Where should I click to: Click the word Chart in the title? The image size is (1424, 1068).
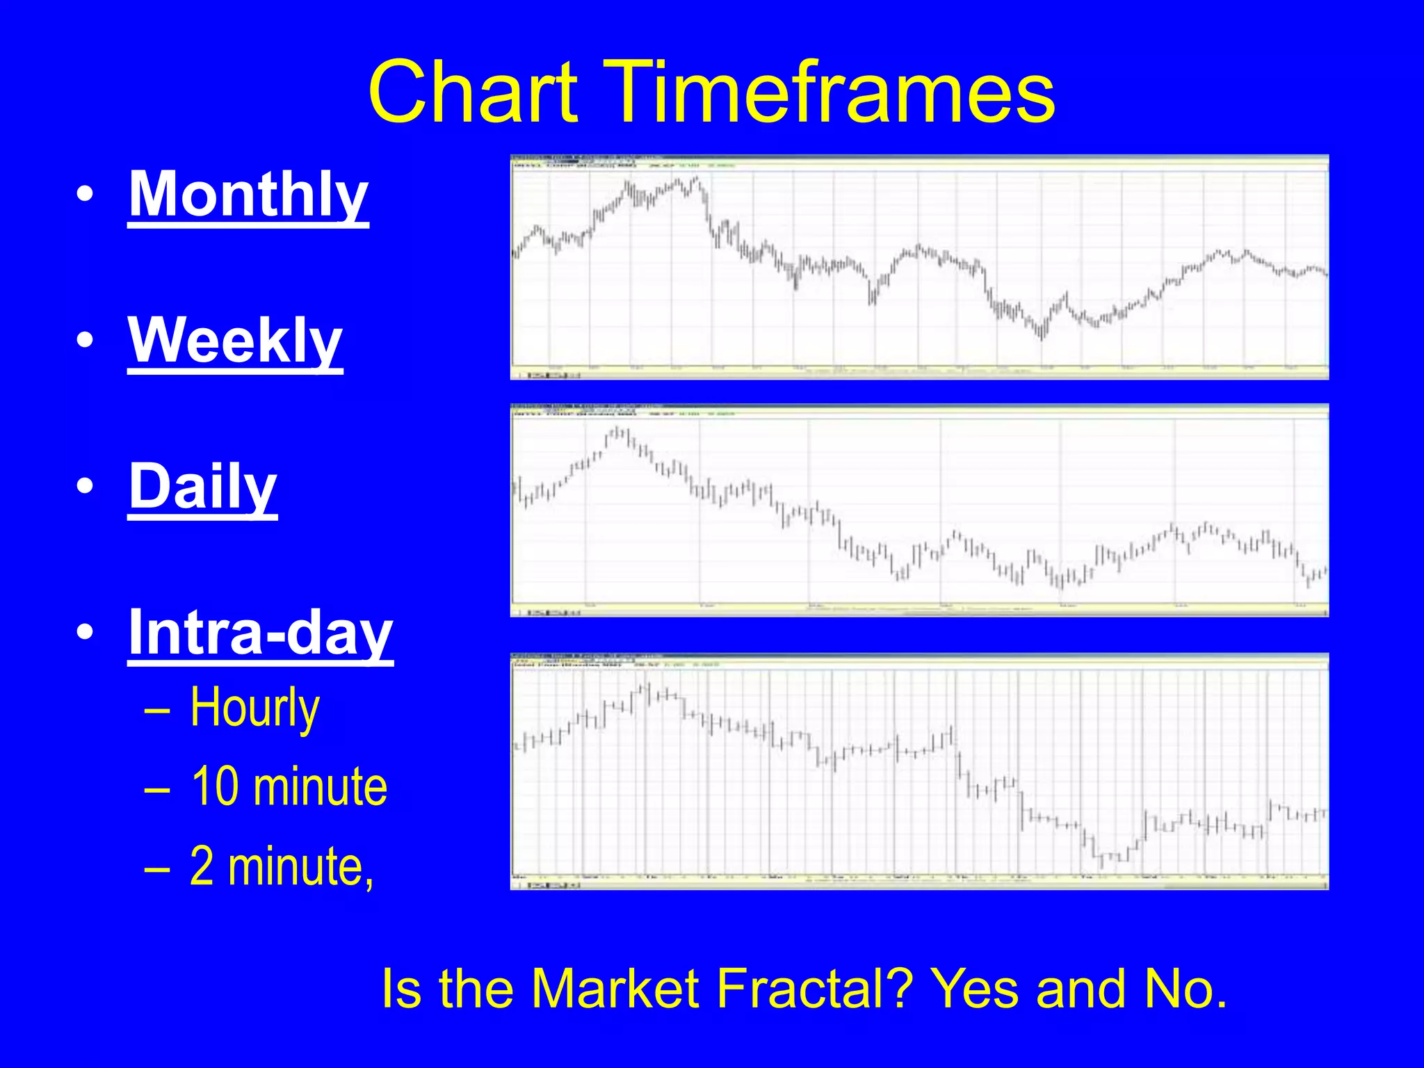click(x=473, y=92)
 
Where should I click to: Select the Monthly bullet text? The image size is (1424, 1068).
click(x=248, y=195)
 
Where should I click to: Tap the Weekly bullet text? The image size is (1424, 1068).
click(x=235, y=341)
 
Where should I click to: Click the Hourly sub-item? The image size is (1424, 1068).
click(x=254, y=708)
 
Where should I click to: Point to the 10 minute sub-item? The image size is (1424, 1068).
click(x=289, y=787)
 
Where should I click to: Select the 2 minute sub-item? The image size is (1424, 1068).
click(x=282, y=867)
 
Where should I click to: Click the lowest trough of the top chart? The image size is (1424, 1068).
click(x=1041, y=337)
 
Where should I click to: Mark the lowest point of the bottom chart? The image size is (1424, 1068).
click(x=1101, y=866)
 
